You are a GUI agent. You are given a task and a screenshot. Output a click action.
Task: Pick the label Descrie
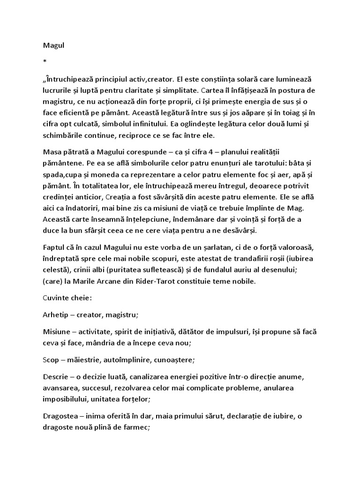click(56, 377)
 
